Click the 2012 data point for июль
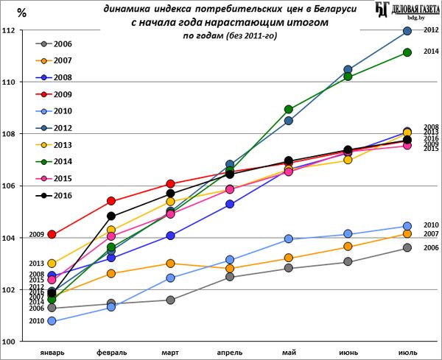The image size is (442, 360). pos(407,31)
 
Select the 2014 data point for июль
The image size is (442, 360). pos(407,52)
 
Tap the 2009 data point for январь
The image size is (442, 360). pos(52,234)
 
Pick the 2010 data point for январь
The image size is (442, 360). pos(52,321)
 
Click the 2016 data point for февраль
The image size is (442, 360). pos(111,216)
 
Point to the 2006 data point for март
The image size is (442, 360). pos(170,300)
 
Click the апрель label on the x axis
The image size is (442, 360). pos(230,352)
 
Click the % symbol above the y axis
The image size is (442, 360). pos(21,12)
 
